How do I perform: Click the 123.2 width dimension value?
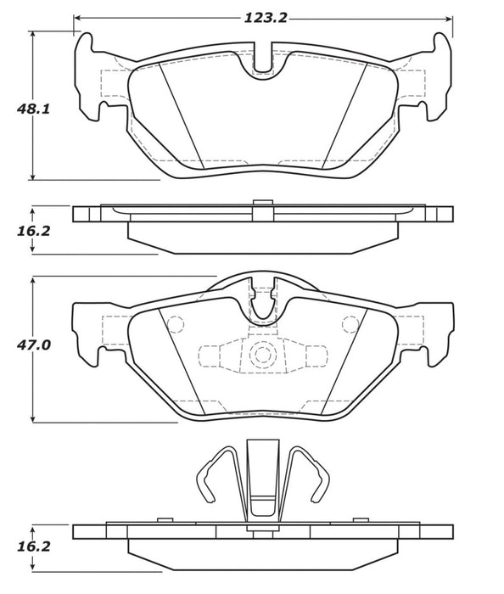(263, 14)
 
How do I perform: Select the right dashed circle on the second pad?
(349, 323)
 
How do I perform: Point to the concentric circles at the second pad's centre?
(262, 354)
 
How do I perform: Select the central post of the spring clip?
(262, 479)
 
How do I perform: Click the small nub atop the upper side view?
(262, 201)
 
